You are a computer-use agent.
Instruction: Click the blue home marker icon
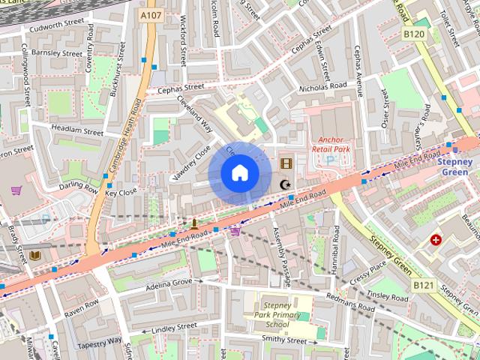pyautogui.click(x=239, y=173)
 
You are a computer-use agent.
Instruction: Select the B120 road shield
pyautogui.click(x=413, y=34)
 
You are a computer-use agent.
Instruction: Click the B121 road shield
pyautogui.click(x=423, y=285)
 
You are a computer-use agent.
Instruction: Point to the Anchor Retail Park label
pyautogui.click(x=331, y=144)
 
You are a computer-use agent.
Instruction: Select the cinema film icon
pyautogui.click(x=286, y=163)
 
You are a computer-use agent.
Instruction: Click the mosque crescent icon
pyautogui.click(x=285, y=184)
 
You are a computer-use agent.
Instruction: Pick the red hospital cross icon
pyautogui.click(x=436, y=240)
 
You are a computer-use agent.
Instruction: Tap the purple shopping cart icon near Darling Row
pyautogui.click(x=16, y=190)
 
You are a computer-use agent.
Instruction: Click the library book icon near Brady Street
pyautogui.click(x=35, y=255)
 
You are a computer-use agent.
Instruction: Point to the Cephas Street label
pyautogui.click(x=181, y=88)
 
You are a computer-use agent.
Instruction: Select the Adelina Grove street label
pyautogui.click(x=169, y=284)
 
